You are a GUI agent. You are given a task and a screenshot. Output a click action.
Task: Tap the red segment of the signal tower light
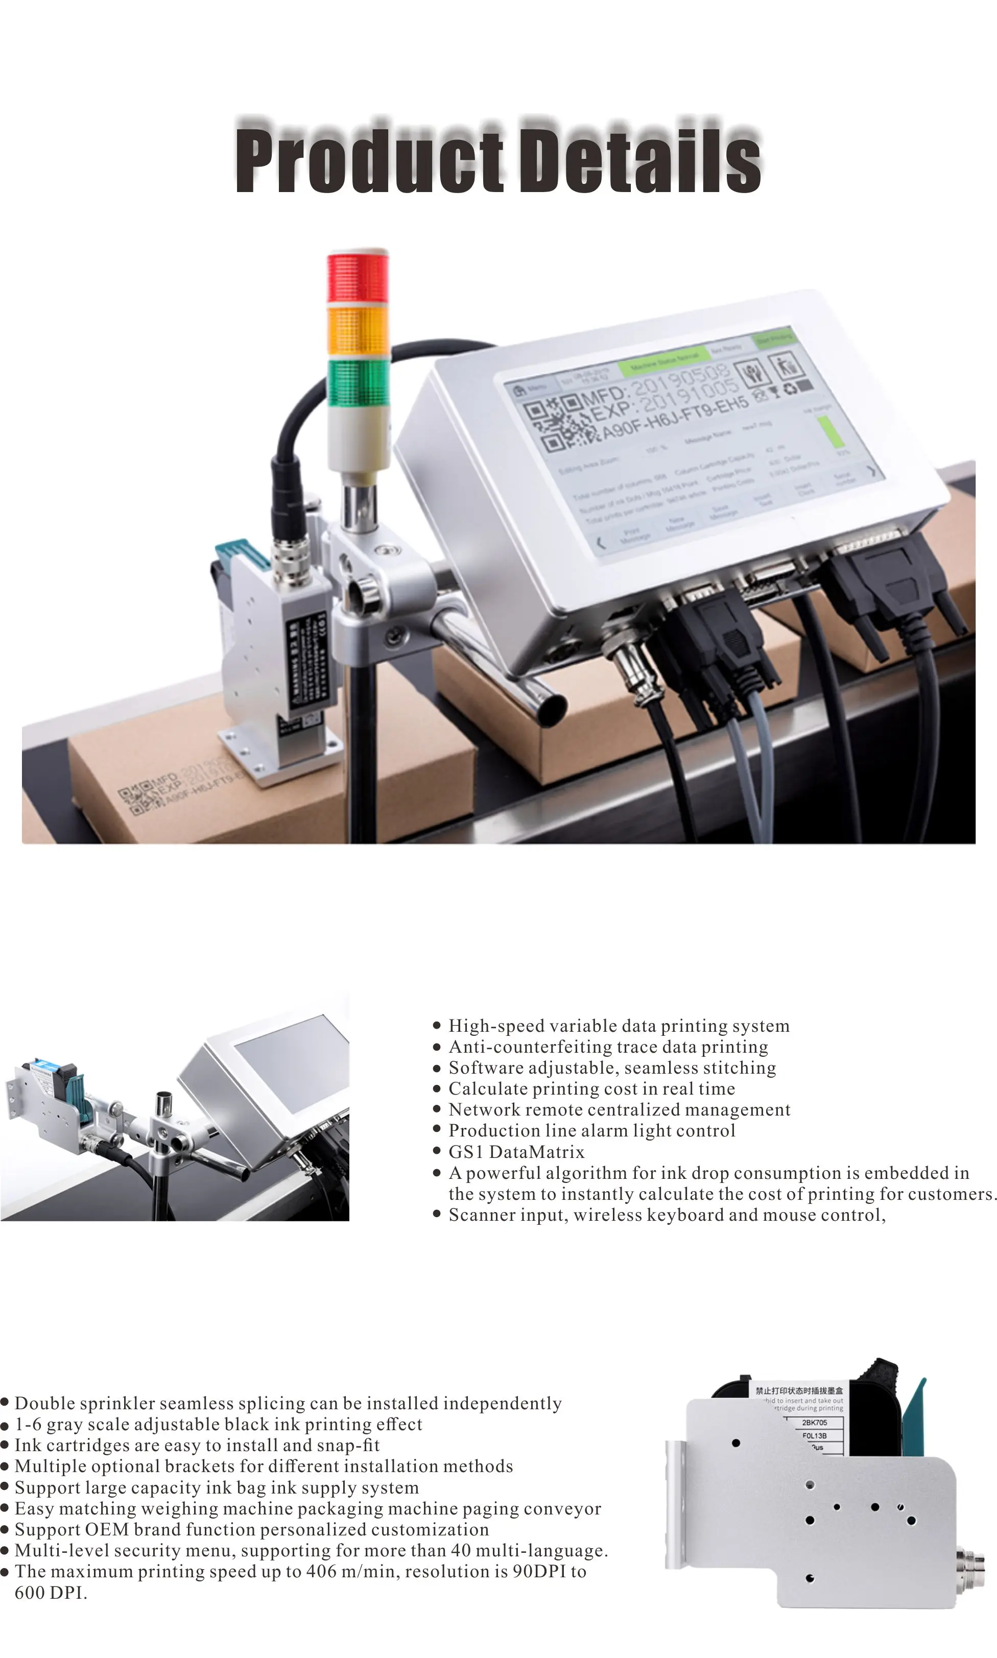coord(358,277)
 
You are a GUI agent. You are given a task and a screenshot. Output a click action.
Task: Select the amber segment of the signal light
coord(358,329)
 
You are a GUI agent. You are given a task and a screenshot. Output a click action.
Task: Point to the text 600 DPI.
coord(51,1592)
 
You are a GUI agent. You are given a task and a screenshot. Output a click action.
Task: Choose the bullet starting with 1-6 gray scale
coord(218,1424)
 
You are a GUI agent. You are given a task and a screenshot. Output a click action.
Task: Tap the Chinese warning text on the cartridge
coord(799,1391)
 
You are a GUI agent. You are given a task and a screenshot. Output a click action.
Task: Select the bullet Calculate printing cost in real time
coord(591,1088)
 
